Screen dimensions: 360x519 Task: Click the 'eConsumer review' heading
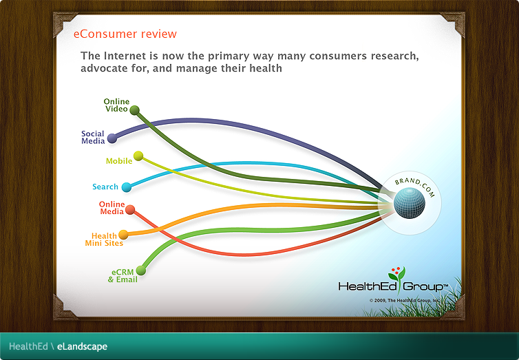[125, 34]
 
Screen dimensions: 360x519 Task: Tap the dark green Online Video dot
[135, 110]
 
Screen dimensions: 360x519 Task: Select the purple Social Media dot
[112, 138]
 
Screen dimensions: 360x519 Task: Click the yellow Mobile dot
[138, 156]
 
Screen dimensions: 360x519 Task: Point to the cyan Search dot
[126, 187]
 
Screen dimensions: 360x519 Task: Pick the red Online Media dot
[130, 209]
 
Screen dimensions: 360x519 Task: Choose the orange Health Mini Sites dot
[123, 235]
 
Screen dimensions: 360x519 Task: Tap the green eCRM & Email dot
[141, 271]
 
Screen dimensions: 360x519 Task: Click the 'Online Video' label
[116, 105]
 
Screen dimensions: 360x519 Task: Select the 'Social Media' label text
[93, 138]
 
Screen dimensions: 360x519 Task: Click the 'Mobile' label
[118, 161]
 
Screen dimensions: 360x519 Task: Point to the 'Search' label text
[105, 187]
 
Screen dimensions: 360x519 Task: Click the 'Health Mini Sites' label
[103, 240]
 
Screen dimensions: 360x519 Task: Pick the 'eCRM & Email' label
[123, 275]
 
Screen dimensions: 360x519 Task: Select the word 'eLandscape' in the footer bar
[82, 346]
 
